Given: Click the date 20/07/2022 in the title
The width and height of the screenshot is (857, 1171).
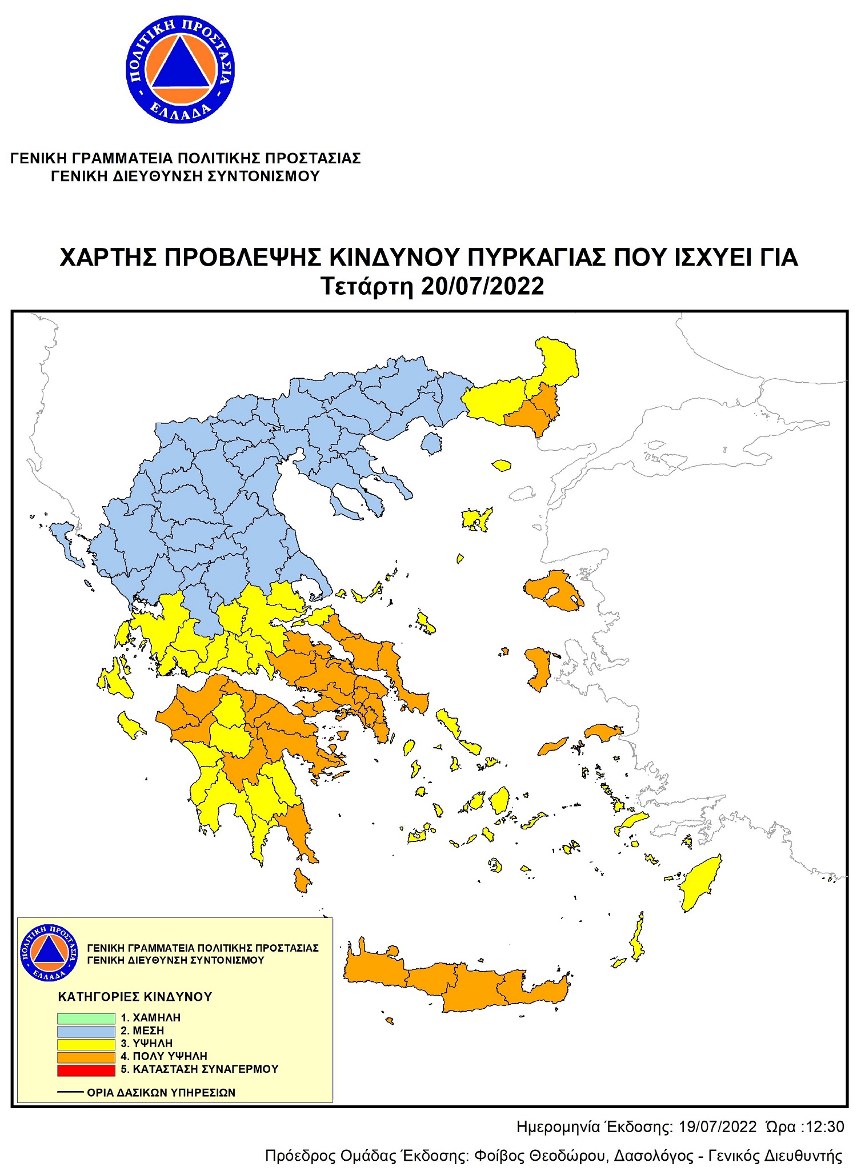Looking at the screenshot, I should [x=482, y=286].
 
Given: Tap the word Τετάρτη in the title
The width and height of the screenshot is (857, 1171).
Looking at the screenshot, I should [x=367, y=286].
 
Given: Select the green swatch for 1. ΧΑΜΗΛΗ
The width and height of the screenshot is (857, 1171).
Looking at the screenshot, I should [x=86, y=1018].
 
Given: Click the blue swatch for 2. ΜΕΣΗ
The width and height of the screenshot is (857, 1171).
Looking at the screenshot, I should [x=86, y=1031].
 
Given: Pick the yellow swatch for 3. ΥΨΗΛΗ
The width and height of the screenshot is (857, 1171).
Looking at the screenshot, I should [x=86, y=1044].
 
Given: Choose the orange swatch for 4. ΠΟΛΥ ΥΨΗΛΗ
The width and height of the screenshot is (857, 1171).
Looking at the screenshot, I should [x=86, y=1057].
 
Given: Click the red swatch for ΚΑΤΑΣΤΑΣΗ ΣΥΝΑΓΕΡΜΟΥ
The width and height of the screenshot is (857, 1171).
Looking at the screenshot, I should [x=86, y=1069].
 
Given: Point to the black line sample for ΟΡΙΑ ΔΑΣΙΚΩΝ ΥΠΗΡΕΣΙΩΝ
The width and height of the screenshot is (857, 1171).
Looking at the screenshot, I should [x=70, y=1092].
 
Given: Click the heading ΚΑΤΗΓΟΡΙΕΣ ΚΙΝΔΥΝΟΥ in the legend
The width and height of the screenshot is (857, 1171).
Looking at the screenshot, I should [x=135, y=997].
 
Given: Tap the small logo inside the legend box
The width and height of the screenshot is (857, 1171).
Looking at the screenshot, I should [x=49, y=953].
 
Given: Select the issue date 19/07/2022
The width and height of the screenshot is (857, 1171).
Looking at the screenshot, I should [x=717, y=1127].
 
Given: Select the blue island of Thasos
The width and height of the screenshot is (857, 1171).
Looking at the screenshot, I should [x=431, y=443].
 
